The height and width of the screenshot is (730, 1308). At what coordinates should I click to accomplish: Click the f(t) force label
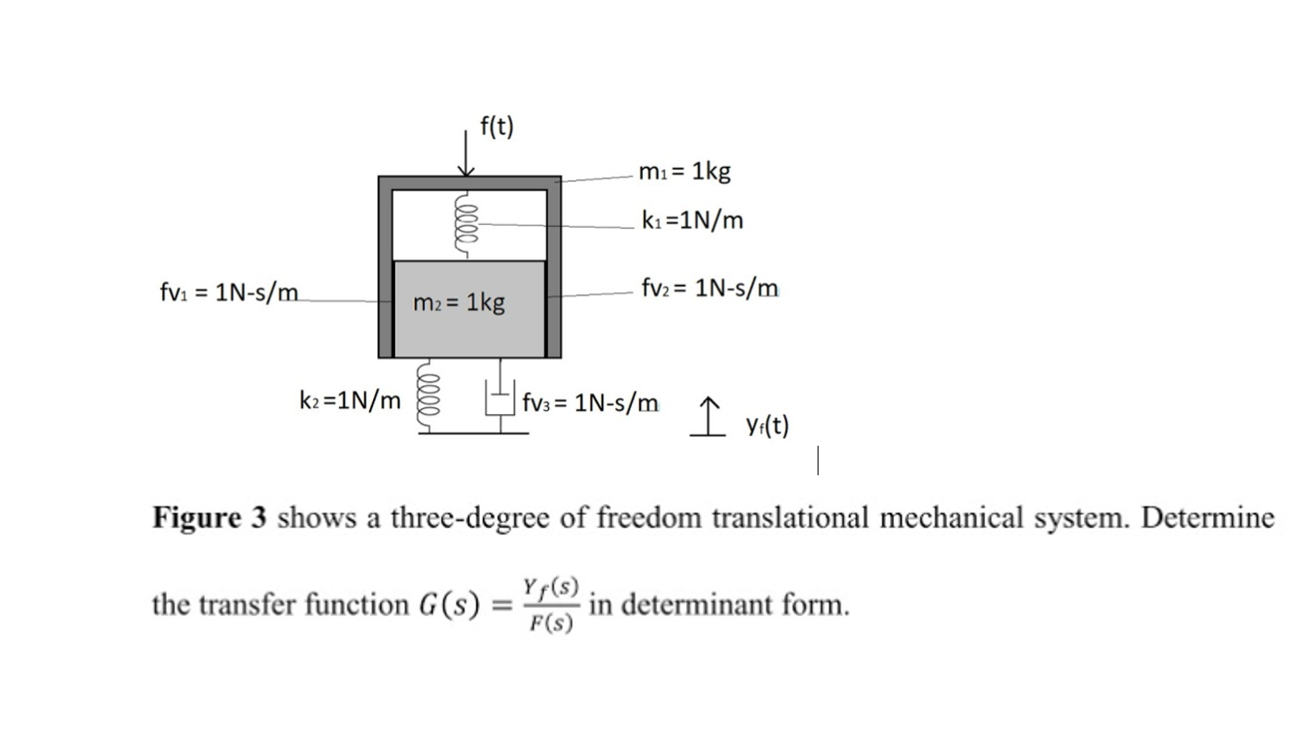point(497,126)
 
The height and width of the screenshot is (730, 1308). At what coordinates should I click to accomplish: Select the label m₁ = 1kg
point(685,170)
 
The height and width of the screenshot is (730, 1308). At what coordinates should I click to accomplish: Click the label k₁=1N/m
point(692,220)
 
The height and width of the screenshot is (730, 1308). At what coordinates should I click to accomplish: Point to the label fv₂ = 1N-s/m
point(710,288)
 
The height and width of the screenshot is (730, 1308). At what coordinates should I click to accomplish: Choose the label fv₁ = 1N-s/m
point(229,292)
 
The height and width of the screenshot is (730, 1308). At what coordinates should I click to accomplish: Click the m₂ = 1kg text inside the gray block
point(459,302)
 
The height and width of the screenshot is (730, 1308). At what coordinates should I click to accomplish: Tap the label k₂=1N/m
point(350,400)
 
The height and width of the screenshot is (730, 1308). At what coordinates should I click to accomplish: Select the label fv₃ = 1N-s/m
point(591,402)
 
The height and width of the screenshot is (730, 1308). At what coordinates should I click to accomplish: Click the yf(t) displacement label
point(767,425)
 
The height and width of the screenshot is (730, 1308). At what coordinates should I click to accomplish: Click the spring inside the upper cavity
point(464,224)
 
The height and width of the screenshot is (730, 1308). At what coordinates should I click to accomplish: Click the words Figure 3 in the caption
point(210,517)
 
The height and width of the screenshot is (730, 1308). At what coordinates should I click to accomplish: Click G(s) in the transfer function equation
point(452,604)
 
